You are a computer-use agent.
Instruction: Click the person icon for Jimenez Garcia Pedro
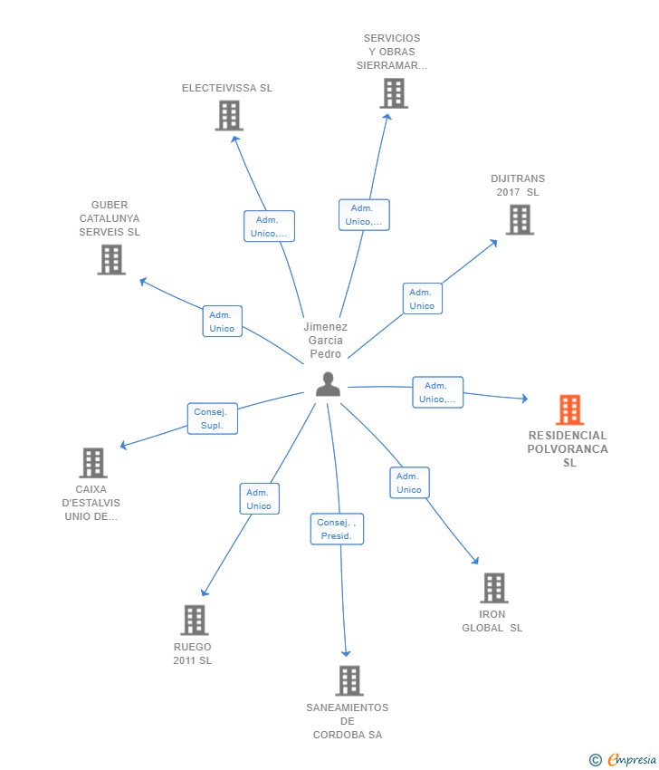tap(328, 384)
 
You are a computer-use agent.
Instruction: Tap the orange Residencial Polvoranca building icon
tap(569, 409)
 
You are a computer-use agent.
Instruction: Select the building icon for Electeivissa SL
tap(229, 115)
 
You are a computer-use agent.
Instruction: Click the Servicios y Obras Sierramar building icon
tap(394, 93)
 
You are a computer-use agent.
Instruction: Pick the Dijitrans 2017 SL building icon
tap(520, 219)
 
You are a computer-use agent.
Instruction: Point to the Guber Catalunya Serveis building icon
tap(111, 260)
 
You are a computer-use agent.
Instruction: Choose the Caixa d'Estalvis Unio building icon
tap(92, 463)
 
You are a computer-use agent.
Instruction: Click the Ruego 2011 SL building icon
tap(194, 621)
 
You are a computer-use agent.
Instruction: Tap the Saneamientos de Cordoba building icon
tap(349, 680)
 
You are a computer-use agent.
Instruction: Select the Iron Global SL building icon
tap(493, 588)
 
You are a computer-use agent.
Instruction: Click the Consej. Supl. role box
tap(213, 419)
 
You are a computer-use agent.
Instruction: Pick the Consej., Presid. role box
tap(338, 529)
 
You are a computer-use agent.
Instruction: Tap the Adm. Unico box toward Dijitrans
tap(422, 299)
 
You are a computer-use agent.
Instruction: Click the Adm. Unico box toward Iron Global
tap(409, 483)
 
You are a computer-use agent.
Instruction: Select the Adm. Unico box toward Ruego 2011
tap(259, 499)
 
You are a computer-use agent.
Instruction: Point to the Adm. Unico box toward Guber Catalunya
tap(222, 322)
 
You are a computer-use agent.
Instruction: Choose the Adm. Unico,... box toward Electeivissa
tap(269, 226)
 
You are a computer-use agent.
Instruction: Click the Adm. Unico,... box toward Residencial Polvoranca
tap(438, 392)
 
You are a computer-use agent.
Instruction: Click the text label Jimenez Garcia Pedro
tap(325, 341)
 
